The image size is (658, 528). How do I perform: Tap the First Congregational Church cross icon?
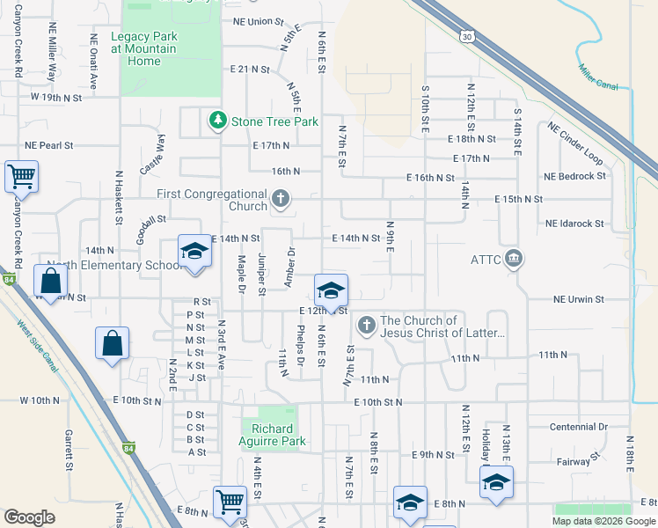[x=281, y=199]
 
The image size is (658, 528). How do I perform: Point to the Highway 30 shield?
[x=466, y=35]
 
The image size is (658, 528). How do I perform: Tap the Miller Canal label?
[x=598, y=77]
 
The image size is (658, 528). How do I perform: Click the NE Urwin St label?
[x=579, y=299]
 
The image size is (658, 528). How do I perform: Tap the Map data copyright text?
[x=603, y=521]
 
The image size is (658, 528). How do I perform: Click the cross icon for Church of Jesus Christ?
[x=367, y=326]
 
